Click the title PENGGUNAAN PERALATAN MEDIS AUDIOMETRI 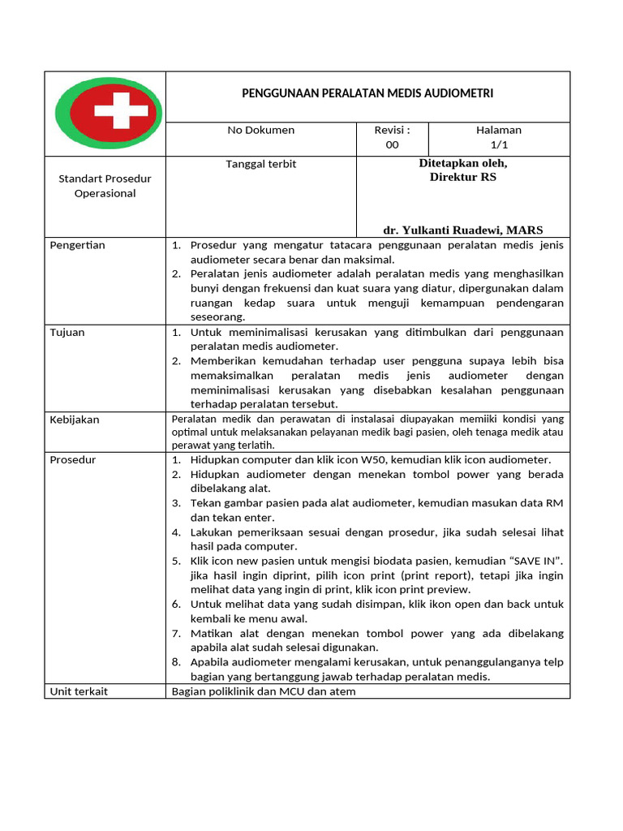(x=367, y=93)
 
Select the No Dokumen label (x=260, y=130)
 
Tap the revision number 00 (x=392, y=145)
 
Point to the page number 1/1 (x=498, y=145)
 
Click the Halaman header (x=498, y=130)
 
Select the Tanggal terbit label (x=260, y=164)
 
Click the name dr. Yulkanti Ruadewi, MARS (x=463, y=230)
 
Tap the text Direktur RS (x=462, y=177)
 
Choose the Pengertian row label (x=78, y=245)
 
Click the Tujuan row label (x=67, y=332)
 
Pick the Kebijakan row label (x=74, y=420)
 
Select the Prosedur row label (x=73, y=460)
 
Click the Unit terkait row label (x=79, y=691)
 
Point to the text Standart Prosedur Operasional (x=105, y=186)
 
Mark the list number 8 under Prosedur (x=175, y=662)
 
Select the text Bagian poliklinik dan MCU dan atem (x=263, y=691)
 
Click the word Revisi (x=390, y=130)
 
